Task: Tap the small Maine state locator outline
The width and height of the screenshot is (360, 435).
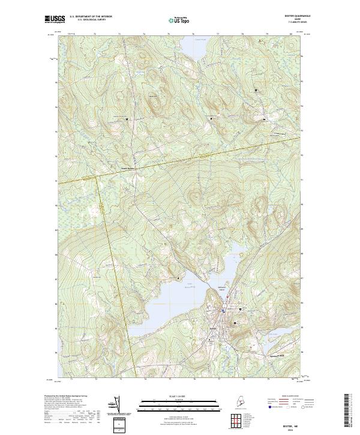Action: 242,401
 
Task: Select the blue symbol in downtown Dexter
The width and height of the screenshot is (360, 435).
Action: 223,311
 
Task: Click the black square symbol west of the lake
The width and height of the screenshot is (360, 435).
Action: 178,278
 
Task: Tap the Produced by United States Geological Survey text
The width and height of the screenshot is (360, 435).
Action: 66,396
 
